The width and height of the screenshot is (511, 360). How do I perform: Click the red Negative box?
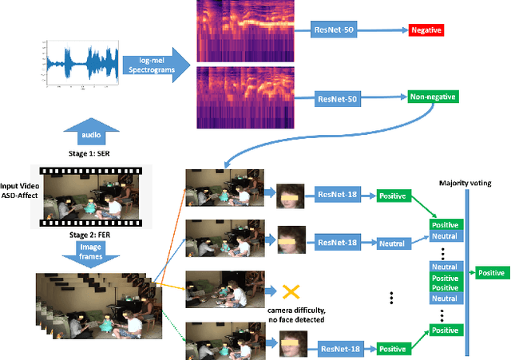[425, 31]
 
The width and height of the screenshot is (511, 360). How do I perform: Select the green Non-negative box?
[433, 97]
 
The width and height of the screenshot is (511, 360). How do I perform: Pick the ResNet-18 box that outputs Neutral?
[337, 241]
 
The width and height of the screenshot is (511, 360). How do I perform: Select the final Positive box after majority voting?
[490, 273]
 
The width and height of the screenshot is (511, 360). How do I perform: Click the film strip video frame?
[86, 196]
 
